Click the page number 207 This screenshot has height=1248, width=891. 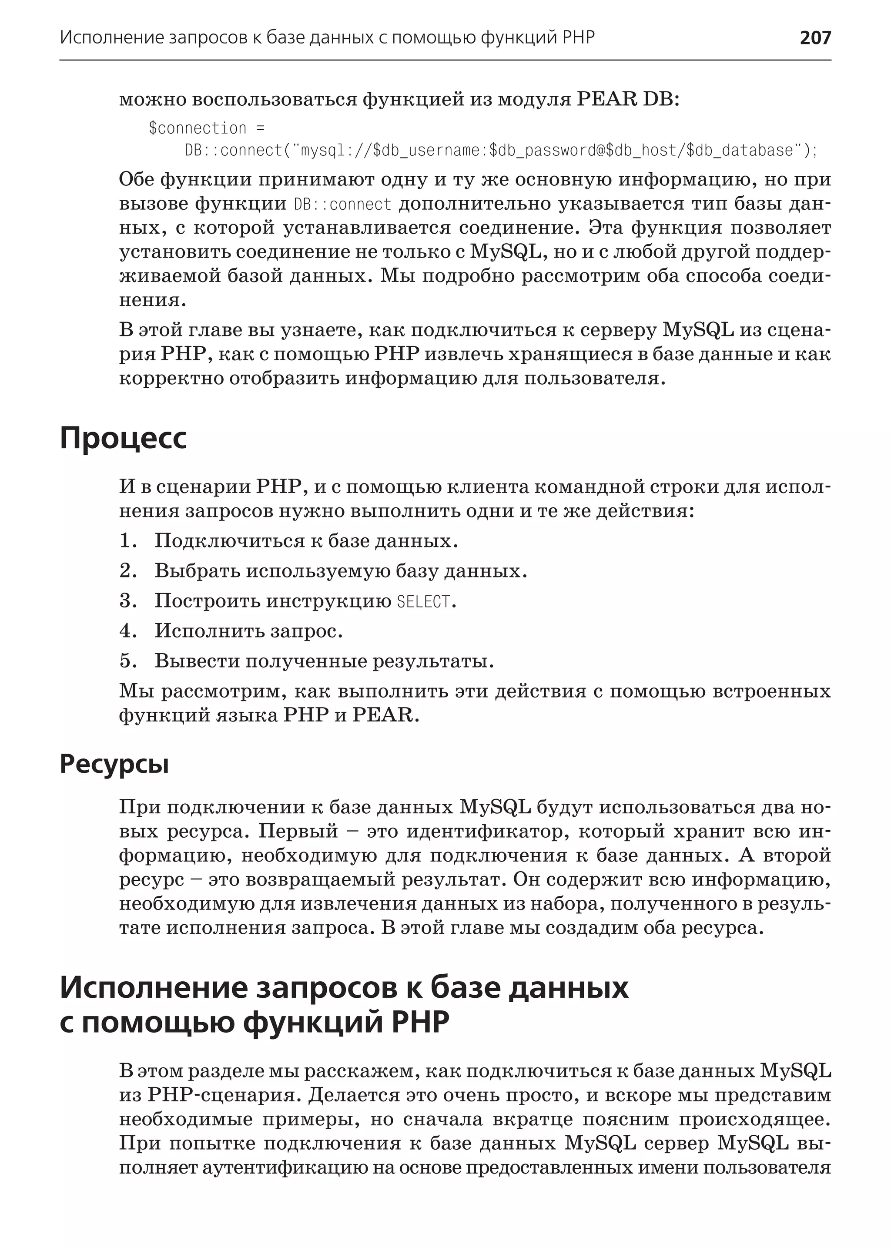(x=815, y=37)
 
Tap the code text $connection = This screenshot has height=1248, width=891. (x=206, y=128)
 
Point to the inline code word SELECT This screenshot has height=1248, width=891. (x=423, y=602)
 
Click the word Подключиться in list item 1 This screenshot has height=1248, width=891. (x=228, y=541)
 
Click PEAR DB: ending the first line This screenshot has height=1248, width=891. (x=628, y=100)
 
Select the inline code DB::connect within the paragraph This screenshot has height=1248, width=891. (x=342, y=205)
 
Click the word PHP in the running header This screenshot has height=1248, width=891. (x=579, y=37)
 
